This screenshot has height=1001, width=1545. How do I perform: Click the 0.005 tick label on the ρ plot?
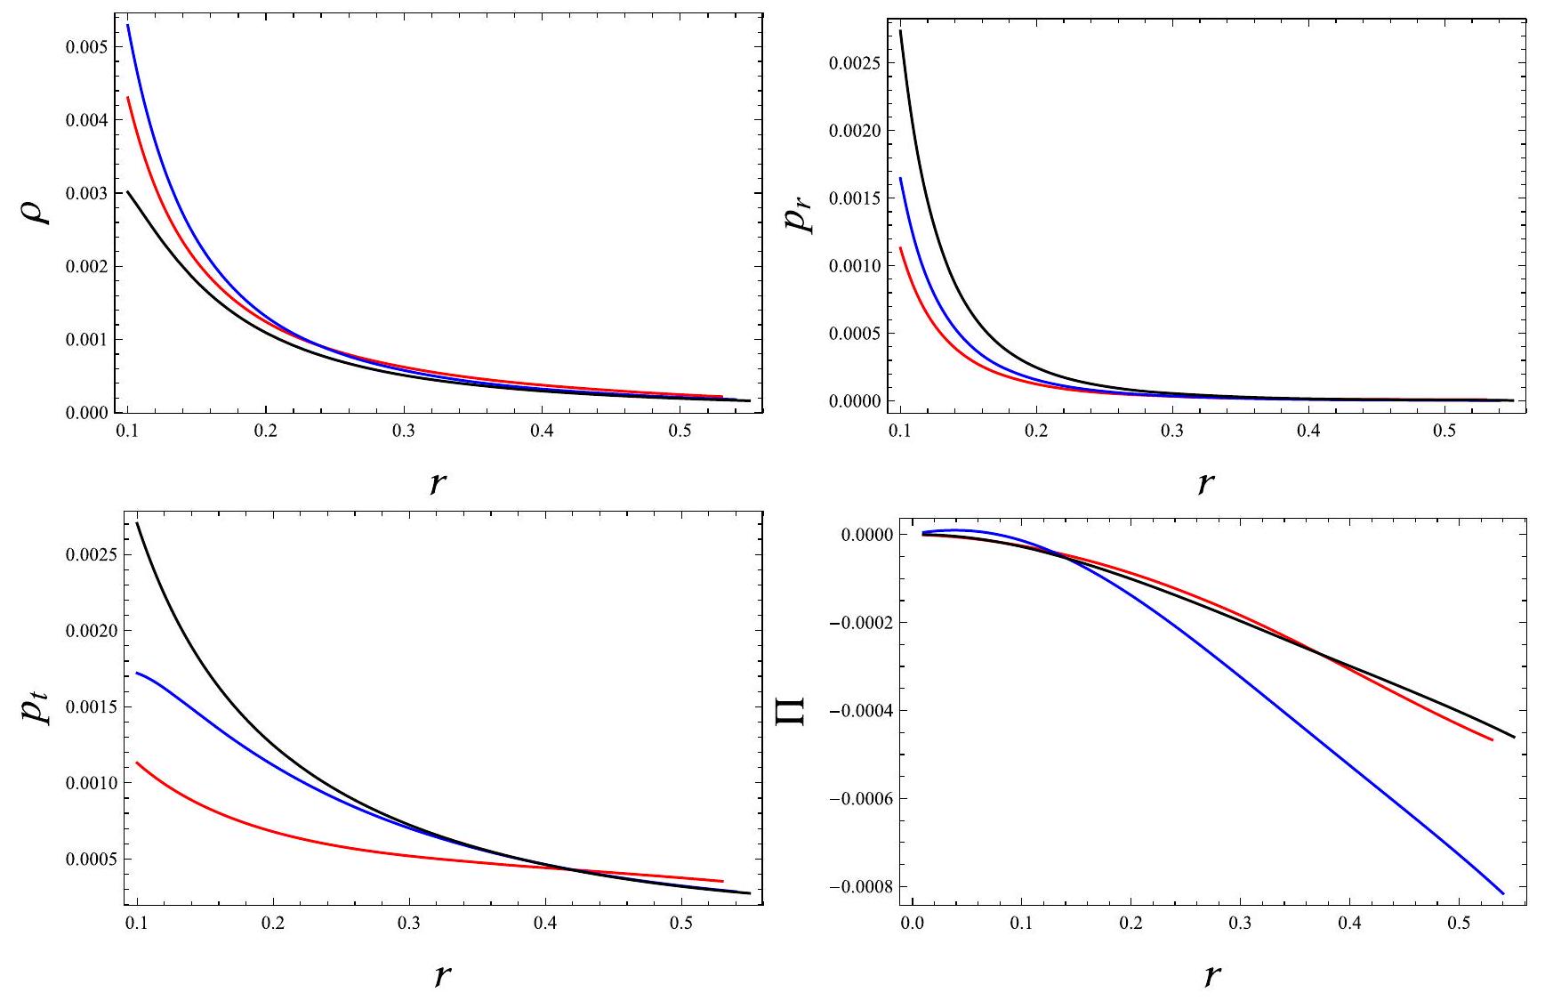86,46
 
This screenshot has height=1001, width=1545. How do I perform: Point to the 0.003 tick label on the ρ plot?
86,193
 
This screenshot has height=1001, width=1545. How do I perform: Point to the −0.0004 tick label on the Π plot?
855,711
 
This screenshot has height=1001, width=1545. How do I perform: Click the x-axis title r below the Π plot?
1211,975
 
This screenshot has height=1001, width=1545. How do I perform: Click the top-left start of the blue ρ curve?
128,25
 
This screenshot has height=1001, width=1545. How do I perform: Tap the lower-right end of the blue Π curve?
1503,893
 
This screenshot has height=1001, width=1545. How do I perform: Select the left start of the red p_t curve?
137,763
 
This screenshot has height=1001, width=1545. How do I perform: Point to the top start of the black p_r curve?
900,31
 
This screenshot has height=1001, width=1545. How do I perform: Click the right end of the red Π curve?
1492,739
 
